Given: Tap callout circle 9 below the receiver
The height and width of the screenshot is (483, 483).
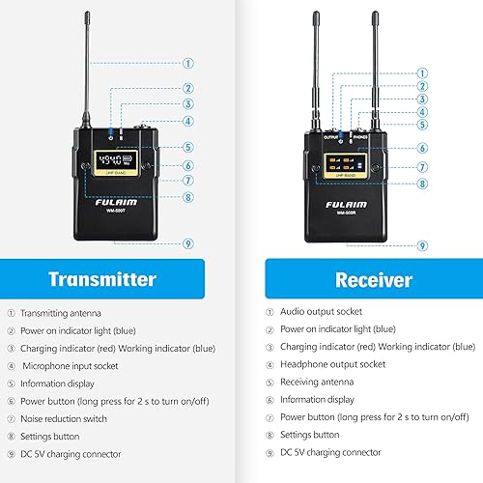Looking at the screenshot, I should pyautogui.click(x=421, y=245).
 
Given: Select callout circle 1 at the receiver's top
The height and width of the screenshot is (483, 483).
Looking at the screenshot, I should pyautogui.click(x=421, y=72).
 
